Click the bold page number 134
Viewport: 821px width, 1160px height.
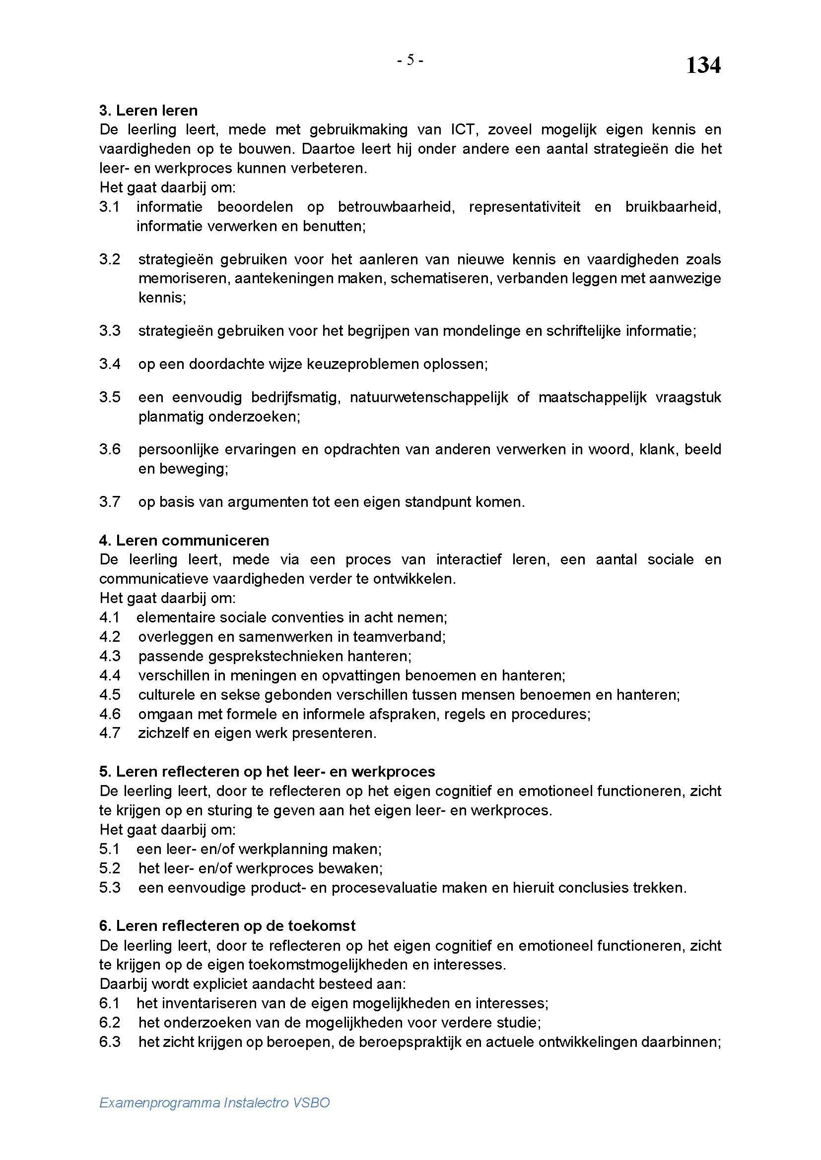pos(703,65)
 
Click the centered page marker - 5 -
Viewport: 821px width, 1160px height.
pos(410,61)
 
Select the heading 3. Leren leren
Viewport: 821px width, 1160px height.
pos(148,110)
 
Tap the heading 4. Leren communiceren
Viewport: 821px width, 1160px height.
pos(184,541)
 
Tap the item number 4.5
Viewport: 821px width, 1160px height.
pos(110,695)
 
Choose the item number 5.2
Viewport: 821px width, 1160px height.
pos(110,868)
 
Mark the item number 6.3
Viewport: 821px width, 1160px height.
pos(110,1042)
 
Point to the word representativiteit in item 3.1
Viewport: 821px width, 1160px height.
pos(525,207)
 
